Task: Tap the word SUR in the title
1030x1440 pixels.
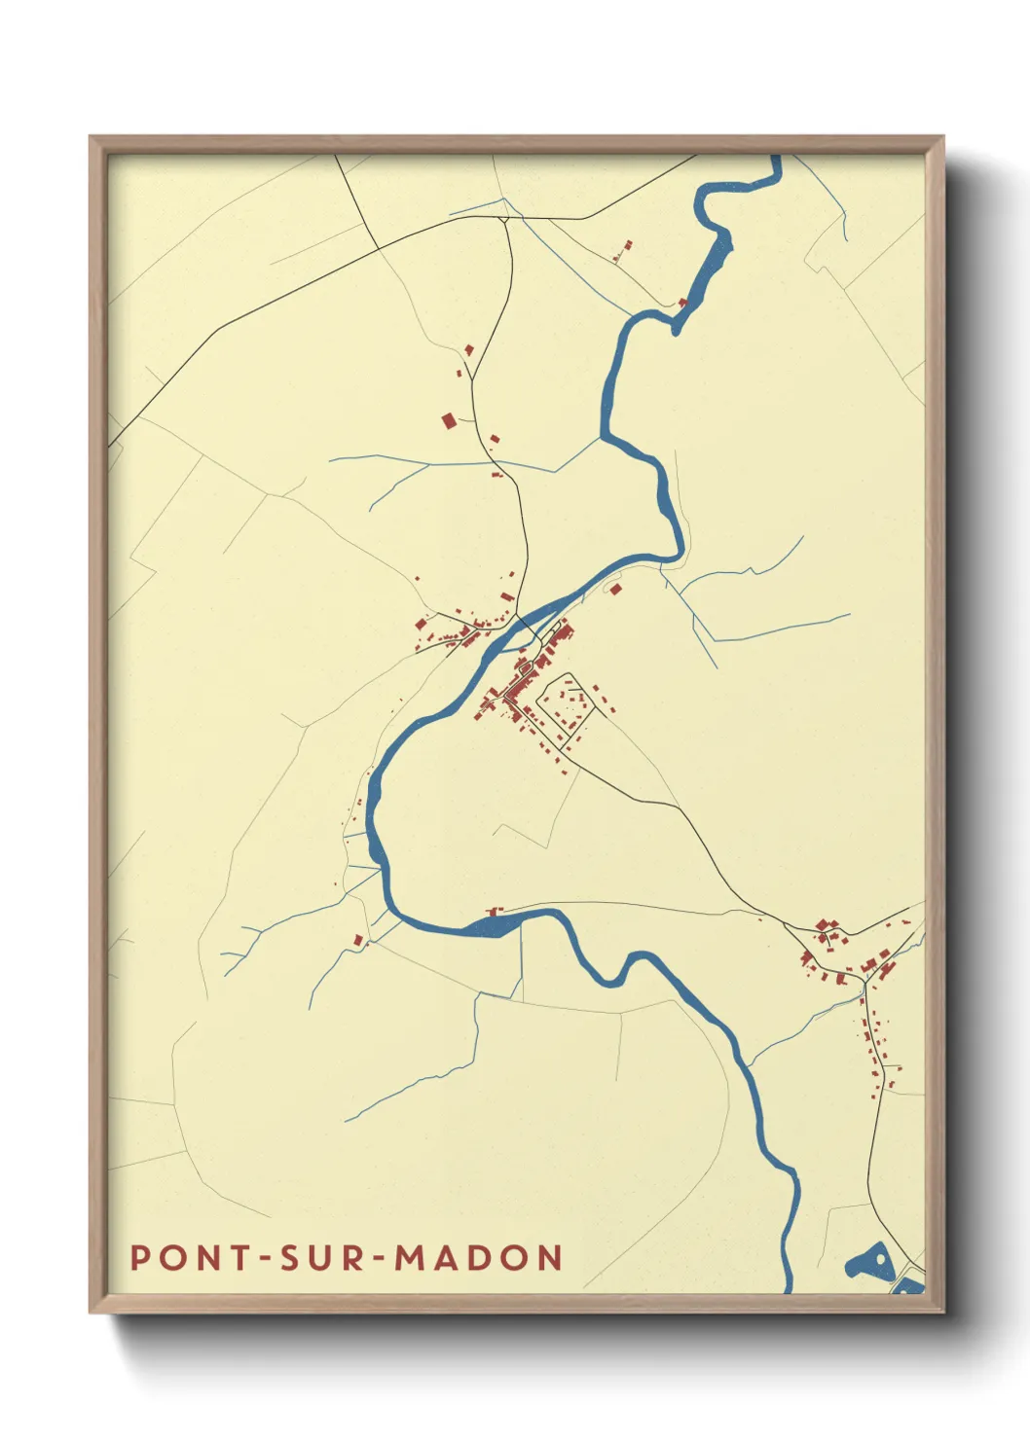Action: click(317, 1257)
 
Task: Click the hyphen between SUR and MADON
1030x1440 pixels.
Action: click(377, 1258)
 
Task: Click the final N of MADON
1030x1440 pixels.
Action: click(550, 1257)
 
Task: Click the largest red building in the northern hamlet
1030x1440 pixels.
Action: click(449, 420)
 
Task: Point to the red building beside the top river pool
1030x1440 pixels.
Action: click(682, 303)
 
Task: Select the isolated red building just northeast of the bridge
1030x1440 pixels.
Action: click(614, 588)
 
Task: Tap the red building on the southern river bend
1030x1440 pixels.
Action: click(493, 912)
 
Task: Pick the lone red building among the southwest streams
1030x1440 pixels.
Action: click(358, 940)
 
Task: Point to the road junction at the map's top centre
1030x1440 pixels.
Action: click(503, 218)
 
